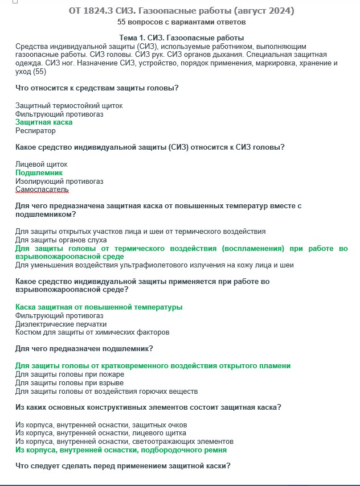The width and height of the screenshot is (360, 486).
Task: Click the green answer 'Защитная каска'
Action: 44,122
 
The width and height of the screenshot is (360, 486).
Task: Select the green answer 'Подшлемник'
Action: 39,172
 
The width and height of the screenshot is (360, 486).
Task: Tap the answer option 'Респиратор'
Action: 35,131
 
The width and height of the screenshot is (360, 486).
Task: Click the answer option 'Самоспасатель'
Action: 42,190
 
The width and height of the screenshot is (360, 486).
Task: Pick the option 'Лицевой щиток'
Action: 41,164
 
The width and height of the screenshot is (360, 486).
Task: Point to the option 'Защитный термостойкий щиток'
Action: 69,106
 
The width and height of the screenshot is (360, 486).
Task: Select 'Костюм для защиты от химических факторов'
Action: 92,332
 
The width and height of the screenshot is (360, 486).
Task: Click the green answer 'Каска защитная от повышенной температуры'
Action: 99,307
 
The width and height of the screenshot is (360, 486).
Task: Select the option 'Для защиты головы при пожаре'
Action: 69,374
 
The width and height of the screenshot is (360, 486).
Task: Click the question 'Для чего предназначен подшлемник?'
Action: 84,348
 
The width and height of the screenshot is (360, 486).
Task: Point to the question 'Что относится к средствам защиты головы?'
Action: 97,88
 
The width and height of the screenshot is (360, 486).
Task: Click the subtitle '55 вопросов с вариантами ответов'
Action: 181,22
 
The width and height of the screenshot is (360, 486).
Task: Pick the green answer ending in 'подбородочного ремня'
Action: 121,450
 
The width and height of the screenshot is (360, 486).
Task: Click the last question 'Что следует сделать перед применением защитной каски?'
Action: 122,466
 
